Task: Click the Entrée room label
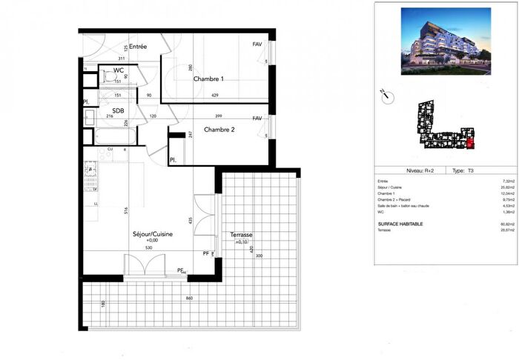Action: click(x=138, y=47)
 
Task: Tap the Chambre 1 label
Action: click(x=208, y=79)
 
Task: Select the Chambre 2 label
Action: click(x=219, y=130)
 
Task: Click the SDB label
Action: click(x=118, y=110)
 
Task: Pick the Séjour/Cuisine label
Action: click(x=153, y=234)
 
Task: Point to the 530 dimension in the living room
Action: click(x=149, y=247)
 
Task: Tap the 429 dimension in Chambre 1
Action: click(x=215, y=96)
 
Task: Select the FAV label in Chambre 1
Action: click(x=257, y=44)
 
